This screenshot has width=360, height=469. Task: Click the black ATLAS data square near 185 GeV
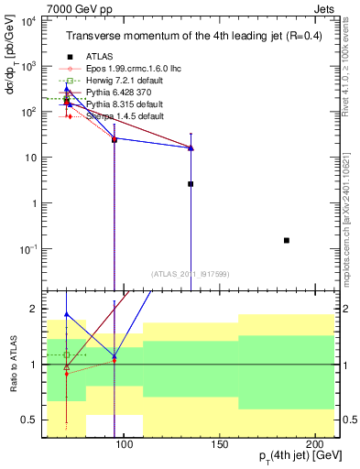pyautogui.click(x=287, y=240)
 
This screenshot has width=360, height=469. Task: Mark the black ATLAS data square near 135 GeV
pyautogui.click(x=191, y=183)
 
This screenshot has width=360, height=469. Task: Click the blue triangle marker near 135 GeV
pyautogui.click(x=191, y=147)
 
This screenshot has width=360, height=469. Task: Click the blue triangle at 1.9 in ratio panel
pyautogui.click(x=67, y=314)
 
